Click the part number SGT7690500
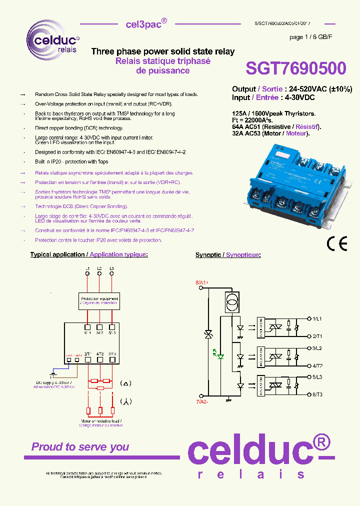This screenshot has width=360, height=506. click(x=295, y=68)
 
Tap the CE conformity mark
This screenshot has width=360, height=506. click(x=336, y=243)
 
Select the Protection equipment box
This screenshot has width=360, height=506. click(x=99, y=300)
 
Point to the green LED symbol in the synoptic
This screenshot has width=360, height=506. click(x=220, y=356)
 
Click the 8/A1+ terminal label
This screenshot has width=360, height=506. click(x=201, y=283)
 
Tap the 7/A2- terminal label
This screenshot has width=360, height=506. click(x=201, y=401)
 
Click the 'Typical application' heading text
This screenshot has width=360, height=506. click(x=57, y=255)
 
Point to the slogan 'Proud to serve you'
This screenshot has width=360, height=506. click(x=80, y=447)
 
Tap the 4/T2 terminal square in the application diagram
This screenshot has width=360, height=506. click(x=99, y=358)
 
